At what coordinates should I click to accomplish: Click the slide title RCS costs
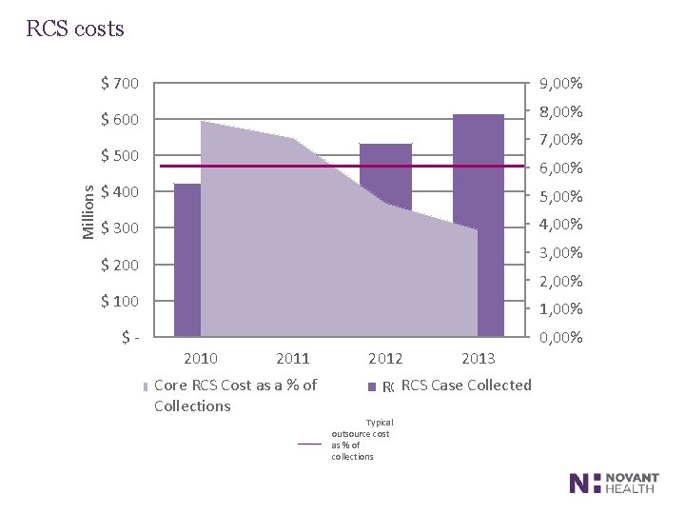point(75,29)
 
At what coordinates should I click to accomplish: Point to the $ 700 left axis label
point(119,83)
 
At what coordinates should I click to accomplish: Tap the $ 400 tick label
point(119,192)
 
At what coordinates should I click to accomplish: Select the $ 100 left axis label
point(119,302)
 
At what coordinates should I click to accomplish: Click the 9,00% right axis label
point(560,85)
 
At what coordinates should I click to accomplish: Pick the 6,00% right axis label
point(560,169)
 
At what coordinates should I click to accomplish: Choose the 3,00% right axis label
point(560,253)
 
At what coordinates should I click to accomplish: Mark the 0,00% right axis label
point(560,338)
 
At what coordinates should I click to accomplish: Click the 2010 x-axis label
point(200,359)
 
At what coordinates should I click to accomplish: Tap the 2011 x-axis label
point(293,359)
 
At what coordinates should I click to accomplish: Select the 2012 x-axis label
point(385,359)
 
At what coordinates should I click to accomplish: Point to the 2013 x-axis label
point(478,359)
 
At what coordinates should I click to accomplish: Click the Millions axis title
point(87,210)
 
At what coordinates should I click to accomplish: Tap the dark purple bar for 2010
point(187,257)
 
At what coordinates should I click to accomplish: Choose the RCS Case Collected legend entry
point(465,385)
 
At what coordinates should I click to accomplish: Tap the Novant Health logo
point(615,483)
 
